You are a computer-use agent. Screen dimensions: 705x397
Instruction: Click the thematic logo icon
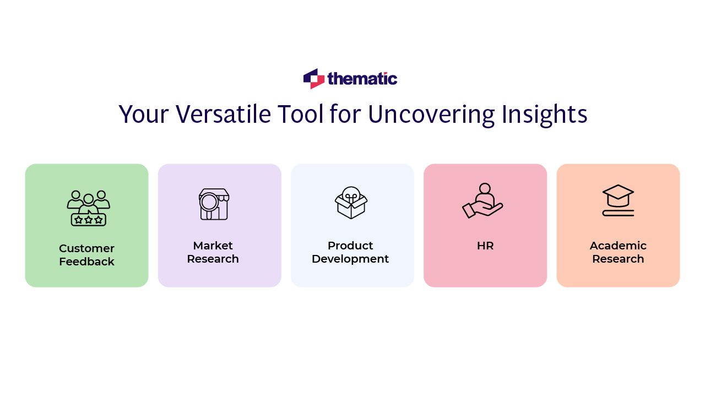(x=314, y=79)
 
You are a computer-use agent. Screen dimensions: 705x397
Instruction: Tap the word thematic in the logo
(x=362, y=79)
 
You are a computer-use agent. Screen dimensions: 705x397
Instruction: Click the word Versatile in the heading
(x=223, y=114)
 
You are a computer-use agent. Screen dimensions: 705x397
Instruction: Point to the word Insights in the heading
(x=545, y=115)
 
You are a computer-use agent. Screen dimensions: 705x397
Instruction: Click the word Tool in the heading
(x=300, y=114)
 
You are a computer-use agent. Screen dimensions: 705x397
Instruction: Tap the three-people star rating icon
(x=89, y=208)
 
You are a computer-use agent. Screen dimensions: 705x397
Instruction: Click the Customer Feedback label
(x=86, y=255)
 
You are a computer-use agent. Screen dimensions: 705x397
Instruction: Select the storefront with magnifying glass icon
(x=214, y=204)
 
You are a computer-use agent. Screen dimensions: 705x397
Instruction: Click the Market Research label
(x=213, y=252)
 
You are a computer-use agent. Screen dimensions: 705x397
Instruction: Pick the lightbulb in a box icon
(x=351, y=203)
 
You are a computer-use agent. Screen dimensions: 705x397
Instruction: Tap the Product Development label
(x=350, y=252)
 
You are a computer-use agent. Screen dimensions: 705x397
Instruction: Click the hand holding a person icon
(x=482, y=200)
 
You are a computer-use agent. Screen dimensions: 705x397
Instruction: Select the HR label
(x=485, y=246)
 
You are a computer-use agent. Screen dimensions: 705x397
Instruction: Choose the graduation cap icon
(x=618, y=200)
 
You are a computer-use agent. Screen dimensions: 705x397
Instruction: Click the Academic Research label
(x=618, y=252)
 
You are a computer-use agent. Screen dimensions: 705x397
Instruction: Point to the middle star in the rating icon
(x=89, y=220)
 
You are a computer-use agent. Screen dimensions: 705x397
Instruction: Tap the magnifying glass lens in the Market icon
(x=208, y=202)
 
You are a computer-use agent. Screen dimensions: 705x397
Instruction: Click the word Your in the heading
(x=144, y=114)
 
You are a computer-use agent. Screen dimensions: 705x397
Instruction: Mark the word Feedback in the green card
(x=86, y=262)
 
